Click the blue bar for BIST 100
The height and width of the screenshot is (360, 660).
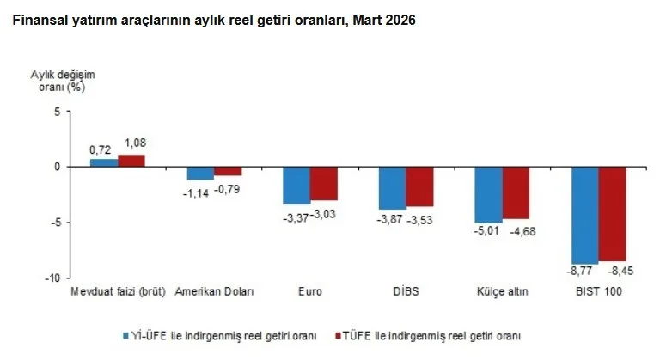(x=585, y=215)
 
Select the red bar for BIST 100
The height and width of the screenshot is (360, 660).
(x=613, y=213)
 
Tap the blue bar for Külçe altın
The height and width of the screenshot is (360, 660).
(x=488, y=194)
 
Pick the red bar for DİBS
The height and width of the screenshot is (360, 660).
(x=420, y=186)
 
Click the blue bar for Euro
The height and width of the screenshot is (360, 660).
(x=296, y=185)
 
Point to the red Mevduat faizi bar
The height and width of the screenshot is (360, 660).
(x=131, y=161)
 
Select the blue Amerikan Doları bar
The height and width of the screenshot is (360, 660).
(x=200, y=173)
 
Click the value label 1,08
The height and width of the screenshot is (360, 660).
(x=137, y=142)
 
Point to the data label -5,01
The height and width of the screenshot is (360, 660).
(x=488, y=231)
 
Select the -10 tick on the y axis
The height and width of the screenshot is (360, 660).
(x=52, y=278)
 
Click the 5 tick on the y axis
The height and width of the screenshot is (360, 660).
(x=56, y=112)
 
